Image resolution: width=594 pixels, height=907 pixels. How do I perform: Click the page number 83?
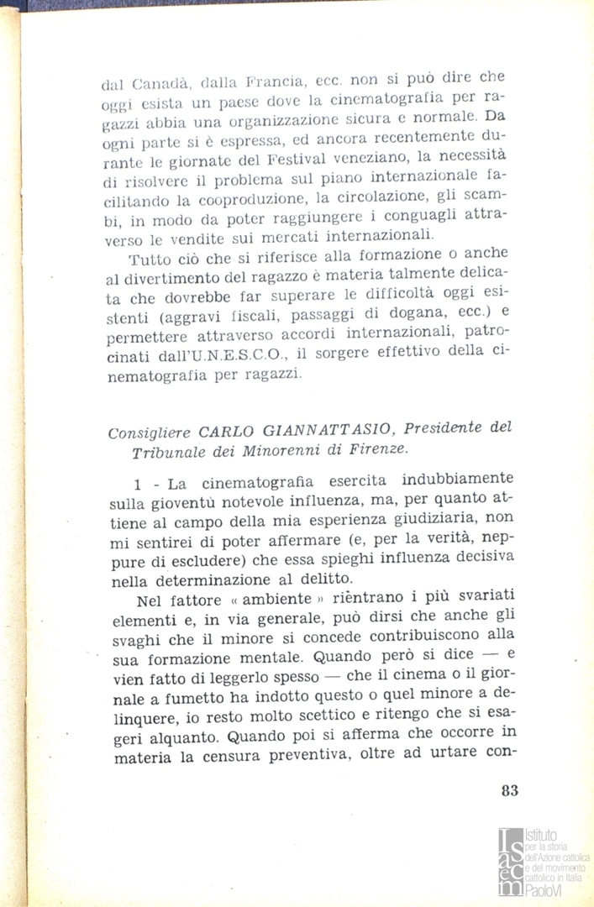pyautogui.click(x=508, y=789)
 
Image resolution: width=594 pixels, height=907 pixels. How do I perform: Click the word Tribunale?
pyautogui.click(x=167, y=453)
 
